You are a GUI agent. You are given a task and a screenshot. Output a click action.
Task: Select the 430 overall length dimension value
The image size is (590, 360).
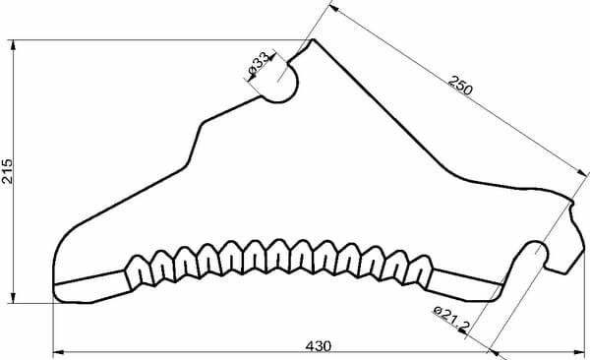coord(318,346)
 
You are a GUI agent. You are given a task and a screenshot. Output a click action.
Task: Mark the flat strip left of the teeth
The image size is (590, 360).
coord(89,286)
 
